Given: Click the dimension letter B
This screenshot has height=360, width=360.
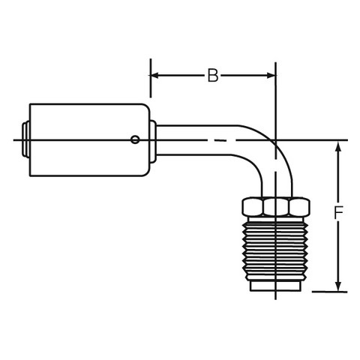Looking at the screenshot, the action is (213, 75).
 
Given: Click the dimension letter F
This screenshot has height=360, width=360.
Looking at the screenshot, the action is (338, 213).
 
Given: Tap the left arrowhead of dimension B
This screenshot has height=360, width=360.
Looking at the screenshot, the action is (155, 75).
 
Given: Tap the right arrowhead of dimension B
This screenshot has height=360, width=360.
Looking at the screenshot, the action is (271, 75).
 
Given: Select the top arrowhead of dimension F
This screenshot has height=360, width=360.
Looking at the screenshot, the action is (338, 146).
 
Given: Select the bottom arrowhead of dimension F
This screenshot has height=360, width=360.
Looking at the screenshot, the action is (338, 286).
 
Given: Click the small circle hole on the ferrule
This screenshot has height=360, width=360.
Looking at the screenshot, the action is (135, 139).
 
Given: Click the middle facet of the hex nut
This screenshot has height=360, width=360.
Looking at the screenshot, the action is (275, 207).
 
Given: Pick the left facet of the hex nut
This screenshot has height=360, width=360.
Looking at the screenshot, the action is (253, 207).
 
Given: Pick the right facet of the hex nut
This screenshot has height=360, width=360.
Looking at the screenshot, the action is (299, 207).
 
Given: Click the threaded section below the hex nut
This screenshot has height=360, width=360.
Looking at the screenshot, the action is (276, 249).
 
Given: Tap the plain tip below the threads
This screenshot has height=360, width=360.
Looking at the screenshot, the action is (275, 286).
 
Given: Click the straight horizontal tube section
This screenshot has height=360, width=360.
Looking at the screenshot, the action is (196, 140).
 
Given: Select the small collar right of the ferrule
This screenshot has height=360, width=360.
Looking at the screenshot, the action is (153, 142).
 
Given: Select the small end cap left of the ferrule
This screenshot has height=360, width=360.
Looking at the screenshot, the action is (25, 139).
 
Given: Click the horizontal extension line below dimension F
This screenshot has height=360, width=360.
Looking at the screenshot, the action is (329, 292).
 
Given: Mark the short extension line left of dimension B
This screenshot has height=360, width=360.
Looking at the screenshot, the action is (151, 78).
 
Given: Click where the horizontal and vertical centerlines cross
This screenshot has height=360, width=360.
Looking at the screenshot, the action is (275, 140).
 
